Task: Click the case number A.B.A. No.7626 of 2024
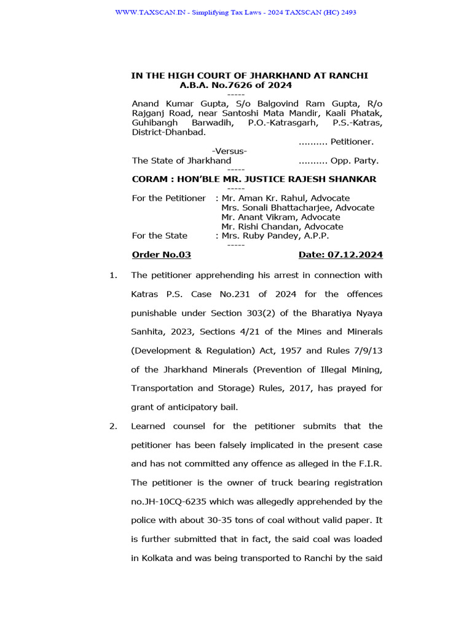coord(235,86)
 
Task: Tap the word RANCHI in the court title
coord(347,76)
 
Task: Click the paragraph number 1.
coord(113,275)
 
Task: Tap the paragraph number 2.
coord(113,426)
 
